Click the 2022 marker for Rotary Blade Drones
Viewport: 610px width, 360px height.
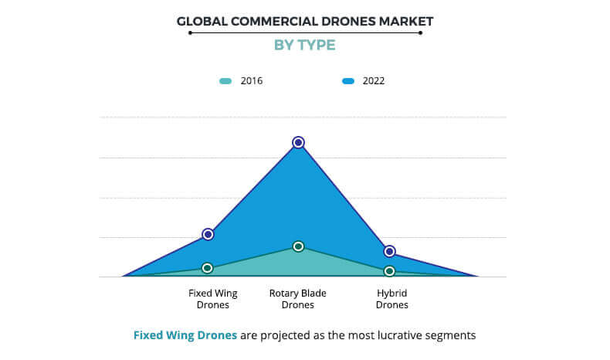click(298, 142)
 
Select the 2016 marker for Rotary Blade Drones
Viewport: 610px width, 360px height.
click(298, 246)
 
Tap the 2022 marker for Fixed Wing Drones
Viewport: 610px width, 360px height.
click(208, 234)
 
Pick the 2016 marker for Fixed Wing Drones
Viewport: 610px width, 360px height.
click(207, 268)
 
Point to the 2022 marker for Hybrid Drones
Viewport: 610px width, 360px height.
click(390, 251)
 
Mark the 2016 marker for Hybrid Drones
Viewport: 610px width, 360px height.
click(389, 271)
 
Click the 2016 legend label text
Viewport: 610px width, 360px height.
click(252, 81)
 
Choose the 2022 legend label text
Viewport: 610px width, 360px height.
click(374, 81)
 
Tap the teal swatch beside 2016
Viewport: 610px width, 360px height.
click(225, 81)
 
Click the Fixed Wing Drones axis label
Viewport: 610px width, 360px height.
click(212, 299)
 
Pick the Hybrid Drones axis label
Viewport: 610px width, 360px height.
click(391, 299)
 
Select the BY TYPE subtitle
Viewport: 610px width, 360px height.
click(305, 45)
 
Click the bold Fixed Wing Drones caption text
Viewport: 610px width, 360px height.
click(185, 335)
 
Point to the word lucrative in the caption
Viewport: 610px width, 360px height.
click(388, 335)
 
